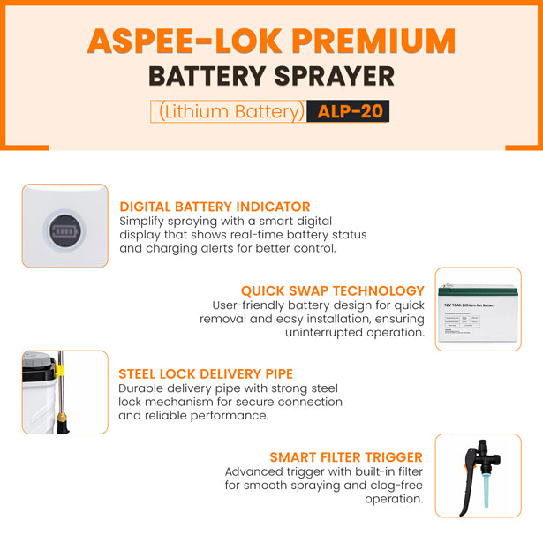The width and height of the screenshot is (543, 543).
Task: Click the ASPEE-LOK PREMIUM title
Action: (x=271, y=41)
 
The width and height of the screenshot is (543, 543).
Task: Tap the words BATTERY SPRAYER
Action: (x=271, y=76)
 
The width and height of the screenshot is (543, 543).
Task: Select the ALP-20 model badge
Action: (x=348, y=111)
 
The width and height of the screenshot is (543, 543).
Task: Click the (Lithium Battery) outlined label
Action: (x=230, y=111)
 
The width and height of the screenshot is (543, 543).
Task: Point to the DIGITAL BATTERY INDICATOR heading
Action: (x=215, y=207)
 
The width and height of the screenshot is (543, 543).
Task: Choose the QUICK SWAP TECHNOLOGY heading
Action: (x=333, y=290)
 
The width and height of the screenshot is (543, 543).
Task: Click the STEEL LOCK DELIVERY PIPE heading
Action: (x=206, y=374)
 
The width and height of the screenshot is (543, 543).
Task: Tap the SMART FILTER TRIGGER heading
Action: (x=346, y=457)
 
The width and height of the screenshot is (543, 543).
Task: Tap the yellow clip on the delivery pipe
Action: (x=62, y=373)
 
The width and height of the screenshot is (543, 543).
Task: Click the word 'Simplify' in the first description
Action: (x=144, y=221)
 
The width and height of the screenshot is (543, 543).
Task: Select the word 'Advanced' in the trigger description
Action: (x=253, y=471)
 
